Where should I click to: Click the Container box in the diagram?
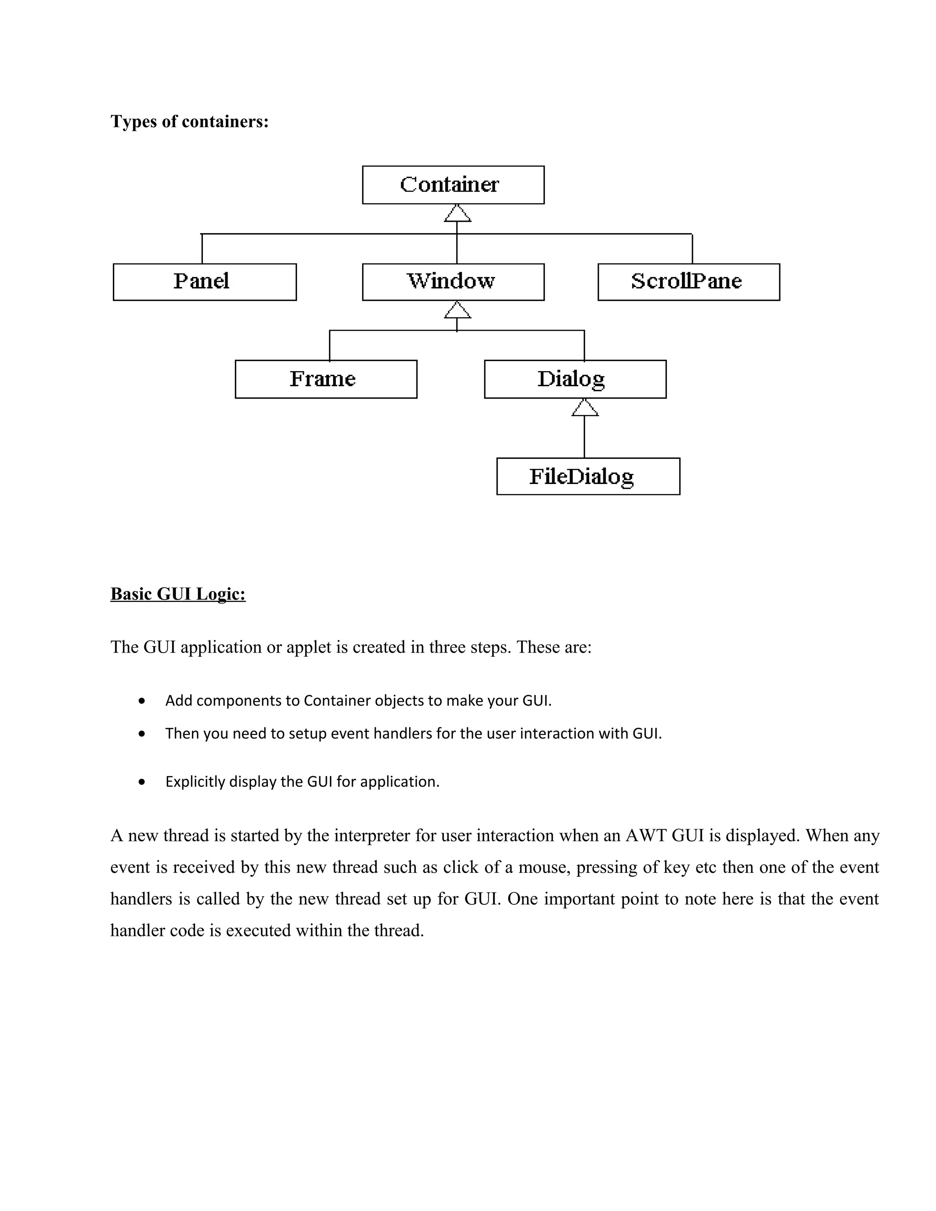(x=453, y=185)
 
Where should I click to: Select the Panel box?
(x=205, y=282)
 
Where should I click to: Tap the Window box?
(x=453, y=282)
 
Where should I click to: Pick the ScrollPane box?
(x=689, y=282)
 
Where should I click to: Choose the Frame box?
(x=326, y=379)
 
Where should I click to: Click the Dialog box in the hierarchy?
(x=575, y=379)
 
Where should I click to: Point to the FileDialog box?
(x=588, y=476)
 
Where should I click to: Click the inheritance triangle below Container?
(x=457, y=214)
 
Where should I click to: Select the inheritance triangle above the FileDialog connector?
(x=585, y=408)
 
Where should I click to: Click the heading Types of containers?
(x=190, y=122)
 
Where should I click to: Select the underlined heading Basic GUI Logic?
(x=178, y=594)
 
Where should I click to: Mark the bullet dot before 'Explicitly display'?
(x=143, y=782)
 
